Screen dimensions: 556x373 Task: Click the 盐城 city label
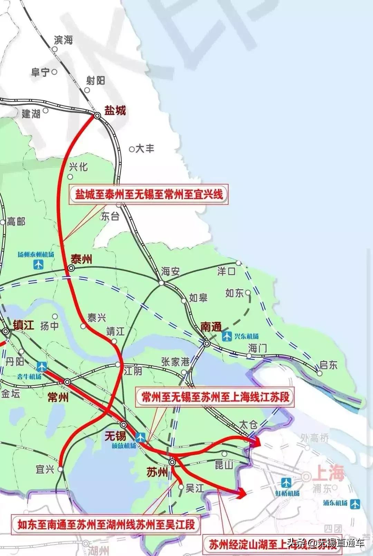click(115, 111)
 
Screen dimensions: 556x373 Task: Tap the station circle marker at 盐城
click(97, 116)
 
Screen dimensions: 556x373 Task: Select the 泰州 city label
click(82, 259)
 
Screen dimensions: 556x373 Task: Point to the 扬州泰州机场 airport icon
click(39, 264)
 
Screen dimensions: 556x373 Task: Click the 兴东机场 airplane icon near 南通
click(227, 336)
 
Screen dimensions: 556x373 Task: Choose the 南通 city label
click(211, 327)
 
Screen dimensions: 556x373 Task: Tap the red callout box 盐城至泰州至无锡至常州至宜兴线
click(149, 195)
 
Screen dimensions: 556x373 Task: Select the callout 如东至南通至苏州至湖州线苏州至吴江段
click(106, 525)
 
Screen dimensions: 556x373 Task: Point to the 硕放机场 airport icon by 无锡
click(141, 437)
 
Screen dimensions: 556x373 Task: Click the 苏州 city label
click(157, 472)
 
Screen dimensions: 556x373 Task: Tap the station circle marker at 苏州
click(172, 462)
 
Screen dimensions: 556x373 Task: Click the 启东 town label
click(328, 365)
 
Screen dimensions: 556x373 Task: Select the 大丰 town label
click(145, 149)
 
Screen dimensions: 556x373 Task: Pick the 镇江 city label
click(23, 325)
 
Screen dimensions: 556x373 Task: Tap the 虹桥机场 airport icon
click(286, 483)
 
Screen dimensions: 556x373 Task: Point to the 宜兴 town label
click(45, 469)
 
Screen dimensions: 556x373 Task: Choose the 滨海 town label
click(64, 40)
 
